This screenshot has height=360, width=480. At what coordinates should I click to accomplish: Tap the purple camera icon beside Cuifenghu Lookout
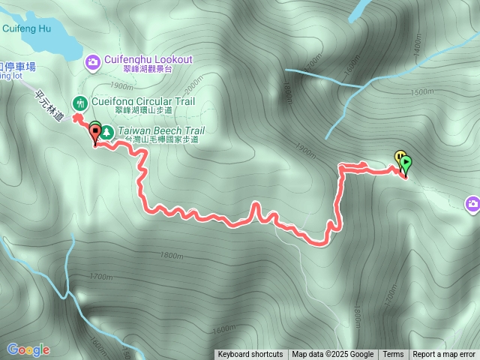click(x=93, y=61)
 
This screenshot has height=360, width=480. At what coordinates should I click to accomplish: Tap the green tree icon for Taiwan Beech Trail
click(x=107, y=132)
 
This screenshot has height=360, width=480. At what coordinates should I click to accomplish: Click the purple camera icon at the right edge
click(x=472, y=203)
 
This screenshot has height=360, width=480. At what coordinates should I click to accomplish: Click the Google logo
click(x=28, y=349)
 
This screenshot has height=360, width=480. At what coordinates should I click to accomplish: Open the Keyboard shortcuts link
click(x=250, y=355)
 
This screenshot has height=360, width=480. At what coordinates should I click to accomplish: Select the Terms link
click(x=393, y=355)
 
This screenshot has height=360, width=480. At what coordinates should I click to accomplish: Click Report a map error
click(x=444, y=355)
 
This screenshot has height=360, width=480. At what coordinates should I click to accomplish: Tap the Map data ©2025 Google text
click(x=333, y=355)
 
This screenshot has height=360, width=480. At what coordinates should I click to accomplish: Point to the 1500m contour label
click(x=422, y=91)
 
